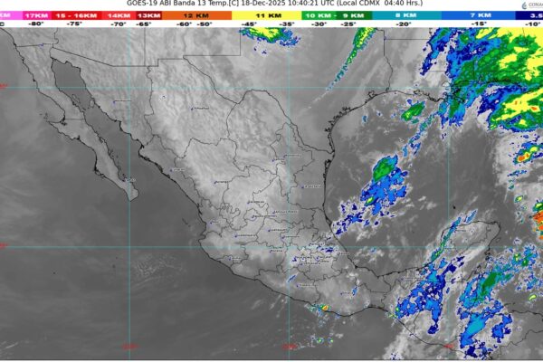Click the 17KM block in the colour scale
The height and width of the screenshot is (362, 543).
37,15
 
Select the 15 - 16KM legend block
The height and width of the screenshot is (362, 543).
77,15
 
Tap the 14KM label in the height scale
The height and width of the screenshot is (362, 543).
118,15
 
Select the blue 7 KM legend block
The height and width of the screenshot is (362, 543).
475,15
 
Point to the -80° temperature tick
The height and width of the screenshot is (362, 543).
36,24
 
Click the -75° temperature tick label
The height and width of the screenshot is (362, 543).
78,24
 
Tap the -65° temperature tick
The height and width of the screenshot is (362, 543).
143,24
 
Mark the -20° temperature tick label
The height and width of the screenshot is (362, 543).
403,24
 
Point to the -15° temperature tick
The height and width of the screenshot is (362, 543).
474,24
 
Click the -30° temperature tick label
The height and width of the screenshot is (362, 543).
319,24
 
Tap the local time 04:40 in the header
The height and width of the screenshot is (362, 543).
401,5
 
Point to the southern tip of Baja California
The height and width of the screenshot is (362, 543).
132,195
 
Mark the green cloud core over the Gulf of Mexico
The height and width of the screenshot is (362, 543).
385,167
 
